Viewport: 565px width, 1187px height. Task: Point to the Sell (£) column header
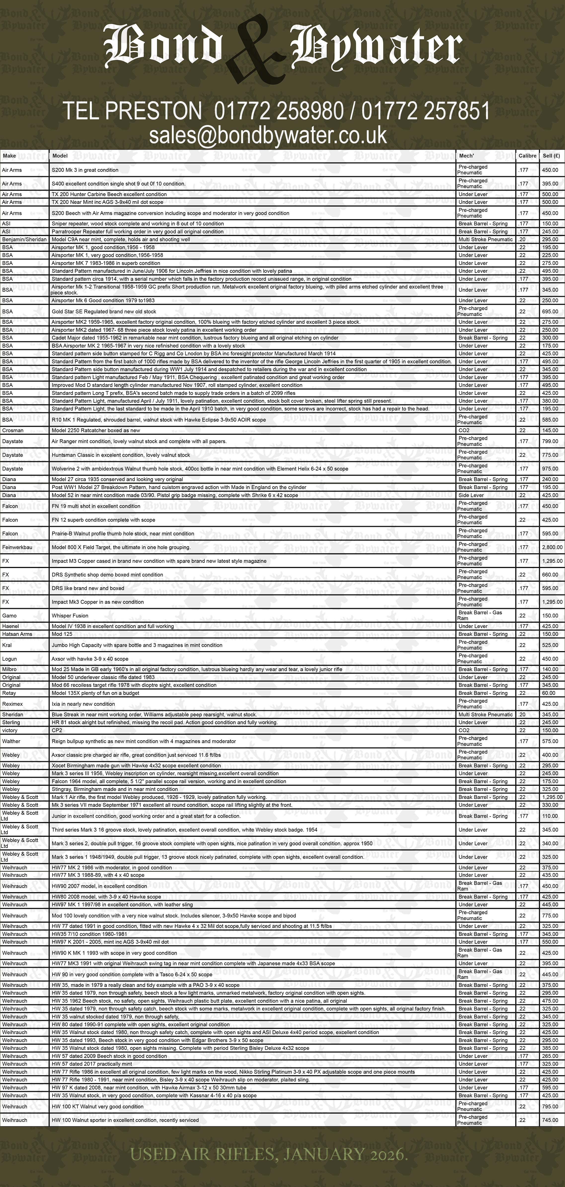pyautogui.click(x=551, y=156)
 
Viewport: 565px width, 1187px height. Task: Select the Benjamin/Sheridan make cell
pyautogui.click(x=24, y=240)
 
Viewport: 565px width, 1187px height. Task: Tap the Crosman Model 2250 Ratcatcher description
pyautogui.click(x=96, y=430)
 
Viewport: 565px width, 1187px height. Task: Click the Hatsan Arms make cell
pyautogui.click(x=17, y=634)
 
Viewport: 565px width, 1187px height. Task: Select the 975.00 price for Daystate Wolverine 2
pyautogui.click(x=550, y=469)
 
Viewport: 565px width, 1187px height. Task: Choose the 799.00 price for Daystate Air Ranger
pyautogui.click(x=550, y=441)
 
